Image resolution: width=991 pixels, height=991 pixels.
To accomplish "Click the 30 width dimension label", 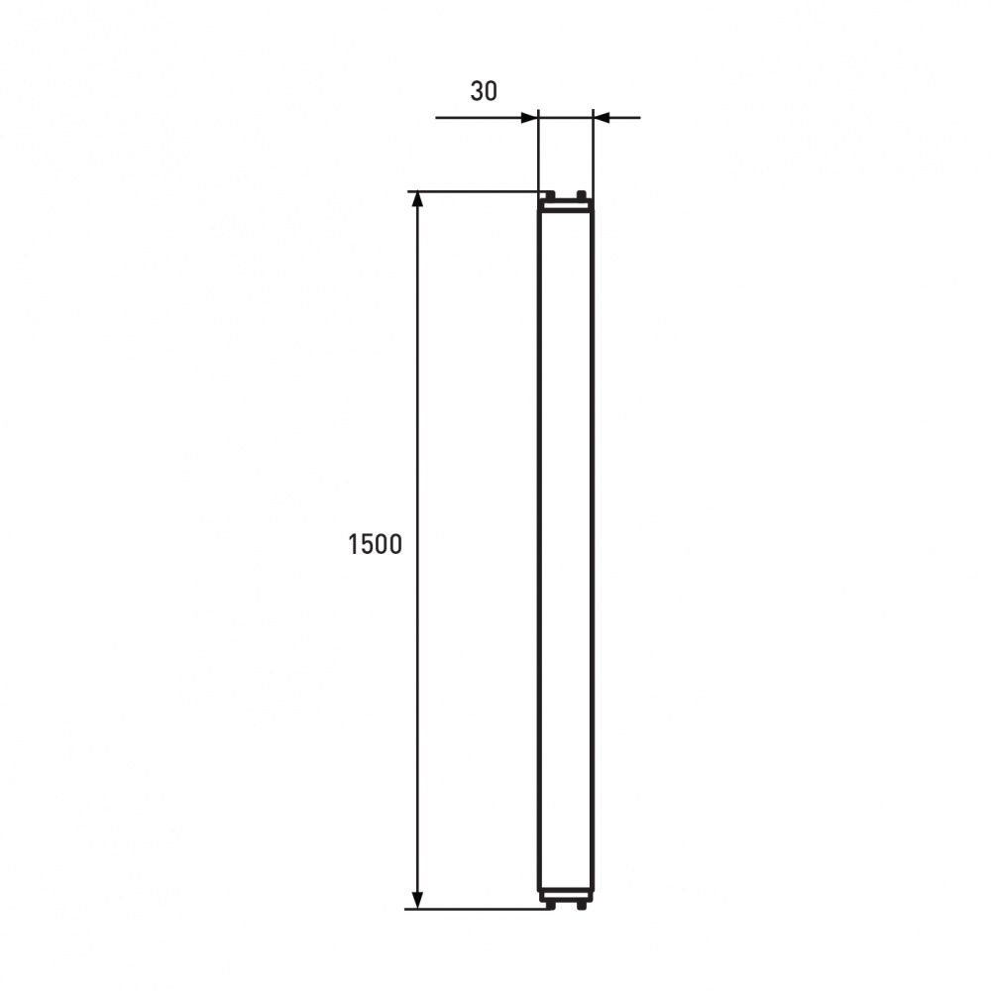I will (484, 91).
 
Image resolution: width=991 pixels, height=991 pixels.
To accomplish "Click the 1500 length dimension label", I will (376, 544).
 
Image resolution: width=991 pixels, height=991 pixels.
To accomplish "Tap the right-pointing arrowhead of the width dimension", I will (528, 118).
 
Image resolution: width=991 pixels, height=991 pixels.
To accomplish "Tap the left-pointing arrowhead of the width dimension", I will (602, 118).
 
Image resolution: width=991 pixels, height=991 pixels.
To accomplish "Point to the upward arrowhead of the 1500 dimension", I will (417, 199).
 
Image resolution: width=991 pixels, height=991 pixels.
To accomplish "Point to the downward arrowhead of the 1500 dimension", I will (417, 900).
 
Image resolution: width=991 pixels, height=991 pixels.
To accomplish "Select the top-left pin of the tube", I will (546, 194).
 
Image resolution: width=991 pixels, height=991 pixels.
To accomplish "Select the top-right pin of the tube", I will (582, 194).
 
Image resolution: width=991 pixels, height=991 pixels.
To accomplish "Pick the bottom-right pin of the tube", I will (583, 905).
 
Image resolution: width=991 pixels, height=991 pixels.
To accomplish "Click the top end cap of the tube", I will (565, 205).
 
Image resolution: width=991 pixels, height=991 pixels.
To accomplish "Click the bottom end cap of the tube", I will (565, 895).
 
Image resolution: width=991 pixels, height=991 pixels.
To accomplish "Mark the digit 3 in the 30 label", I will (477, 91).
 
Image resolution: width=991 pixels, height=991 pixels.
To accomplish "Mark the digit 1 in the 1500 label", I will (354, 544).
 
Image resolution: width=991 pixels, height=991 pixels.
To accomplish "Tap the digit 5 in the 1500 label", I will (366, 544).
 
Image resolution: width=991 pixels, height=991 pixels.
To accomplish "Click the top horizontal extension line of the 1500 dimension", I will (476, 190).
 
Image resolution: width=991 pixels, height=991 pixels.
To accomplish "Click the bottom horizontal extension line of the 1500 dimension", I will (476, 909).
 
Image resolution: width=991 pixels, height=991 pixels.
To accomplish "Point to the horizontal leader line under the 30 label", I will (481, 118).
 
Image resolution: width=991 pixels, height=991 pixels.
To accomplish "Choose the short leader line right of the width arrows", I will (624, 118).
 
